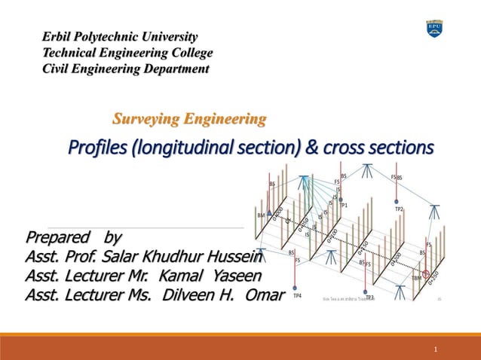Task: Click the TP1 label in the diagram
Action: pos(344,205)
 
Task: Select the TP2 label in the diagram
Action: pos(399,209)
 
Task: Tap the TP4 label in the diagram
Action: pos(297,296)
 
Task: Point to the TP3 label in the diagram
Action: pos(369,297)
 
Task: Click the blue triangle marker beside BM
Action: pos(270,213)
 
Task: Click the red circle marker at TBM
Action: pos(426,275)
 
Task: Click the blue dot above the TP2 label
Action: pos(397,201)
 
